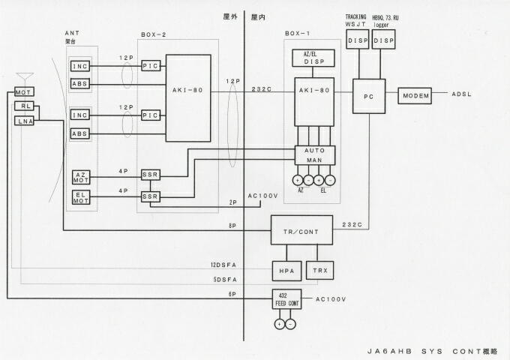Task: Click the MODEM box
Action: click(415, 95)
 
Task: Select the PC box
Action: click(368, 96)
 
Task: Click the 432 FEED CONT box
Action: click(286, 298)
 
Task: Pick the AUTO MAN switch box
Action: click(313, 155)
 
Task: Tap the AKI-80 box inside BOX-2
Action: click(188, 97)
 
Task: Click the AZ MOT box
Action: click(81, 178)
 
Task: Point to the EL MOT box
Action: click(81, 199)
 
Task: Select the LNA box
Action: click(25, 121)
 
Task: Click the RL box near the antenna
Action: click(24, 106)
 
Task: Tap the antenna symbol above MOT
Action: click(25, 78)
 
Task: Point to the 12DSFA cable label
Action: click(223, 265)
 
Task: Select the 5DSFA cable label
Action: click(225, 279)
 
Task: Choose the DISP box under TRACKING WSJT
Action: click(358, 41)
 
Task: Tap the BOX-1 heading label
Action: click(298, 34)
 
